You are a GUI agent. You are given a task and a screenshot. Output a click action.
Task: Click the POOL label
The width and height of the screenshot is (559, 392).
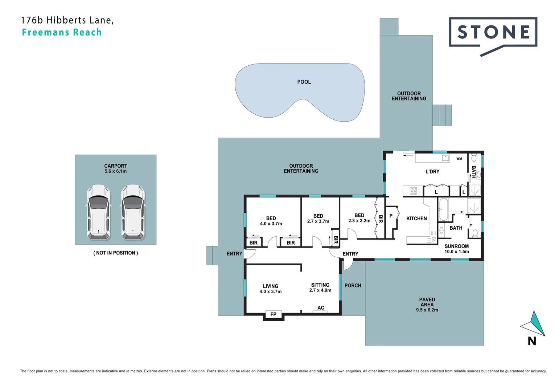304,82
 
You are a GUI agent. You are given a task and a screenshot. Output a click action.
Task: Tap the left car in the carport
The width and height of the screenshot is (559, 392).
98,213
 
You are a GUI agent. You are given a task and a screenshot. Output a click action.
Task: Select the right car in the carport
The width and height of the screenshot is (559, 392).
133,213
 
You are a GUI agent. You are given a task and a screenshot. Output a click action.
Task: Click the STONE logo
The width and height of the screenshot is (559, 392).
493,33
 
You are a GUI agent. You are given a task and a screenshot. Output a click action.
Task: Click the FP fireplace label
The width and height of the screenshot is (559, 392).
273,314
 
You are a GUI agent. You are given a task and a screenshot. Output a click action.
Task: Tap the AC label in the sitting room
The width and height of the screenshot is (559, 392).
321,308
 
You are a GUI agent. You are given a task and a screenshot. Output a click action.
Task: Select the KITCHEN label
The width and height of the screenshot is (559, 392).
416,219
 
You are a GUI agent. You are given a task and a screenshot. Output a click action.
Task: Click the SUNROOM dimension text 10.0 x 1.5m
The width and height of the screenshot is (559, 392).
457,252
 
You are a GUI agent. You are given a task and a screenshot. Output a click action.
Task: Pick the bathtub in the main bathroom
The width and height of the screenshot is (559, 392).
443,209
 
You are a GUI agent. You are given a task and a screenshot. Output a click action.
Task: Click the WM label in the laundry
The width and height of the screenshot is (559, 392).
459,159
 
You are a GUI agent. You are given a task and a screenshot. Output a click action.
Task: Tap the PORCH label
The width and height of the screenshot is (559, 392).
353,286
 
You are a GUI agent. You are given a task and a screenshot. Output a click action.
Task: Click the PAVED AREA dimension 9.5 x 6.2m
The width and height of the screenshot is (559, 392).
427,310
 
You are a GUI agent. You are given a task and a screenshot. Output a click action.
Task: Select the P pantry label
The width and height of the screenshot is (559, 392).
391,216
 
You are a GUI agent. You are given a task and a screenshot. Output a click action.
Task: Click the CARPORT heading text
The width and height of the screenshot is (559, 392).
115,166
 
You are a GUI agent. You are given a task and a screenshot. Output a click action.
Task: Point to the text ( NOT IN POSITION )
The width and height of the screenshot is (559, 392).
115,253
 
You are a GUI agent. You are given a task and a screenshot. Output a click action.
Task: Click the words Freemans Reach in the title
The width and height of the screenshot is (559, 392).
62,32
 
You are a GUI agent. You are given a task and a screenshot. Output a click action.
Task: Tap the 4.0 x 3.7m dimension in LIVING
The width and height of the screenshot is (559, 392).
270,291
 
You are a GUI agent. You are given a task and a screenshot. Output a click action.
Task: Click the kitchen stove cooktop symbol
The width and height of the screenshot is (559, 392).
413,191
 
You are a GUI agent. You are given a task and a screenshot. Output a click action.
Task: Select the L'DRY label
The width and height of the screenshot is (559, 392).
432,171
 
